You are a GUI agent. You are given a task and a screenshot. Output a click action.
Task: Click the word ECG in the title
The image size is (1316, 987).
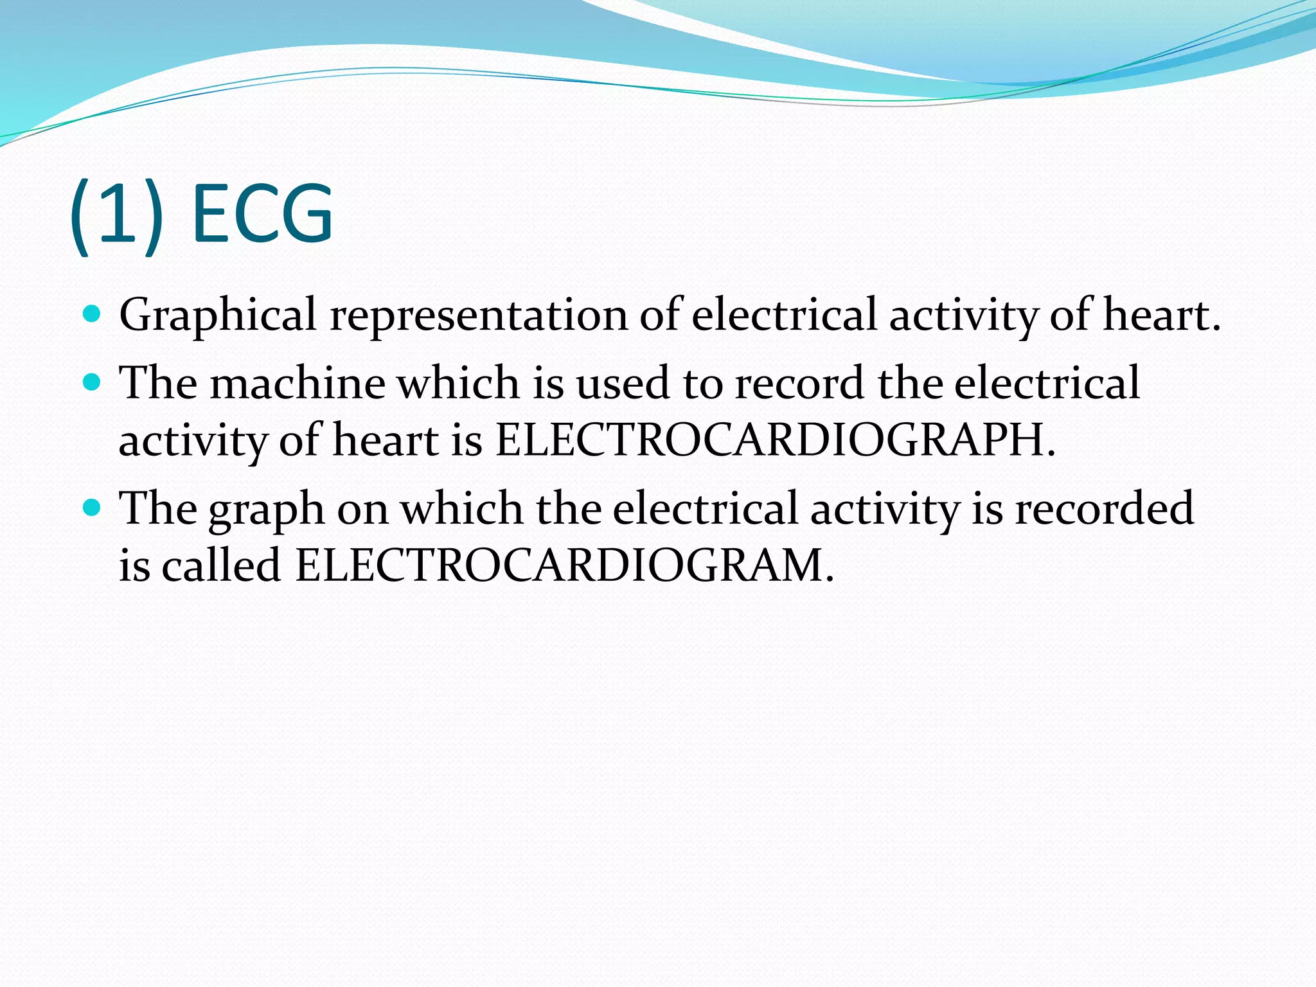(x=262, y=213)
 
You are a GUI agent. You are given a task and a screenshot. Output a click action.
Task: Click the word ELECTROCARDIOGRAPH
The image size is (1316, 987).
(x=775, y=441)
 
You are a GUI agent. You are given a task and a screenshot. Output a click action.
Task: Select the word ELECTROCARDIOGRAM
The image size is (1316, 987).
(x=564, y=566)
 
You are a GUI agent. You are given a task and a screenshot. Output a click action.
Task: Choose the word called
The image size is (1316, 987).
(x=220, y=566)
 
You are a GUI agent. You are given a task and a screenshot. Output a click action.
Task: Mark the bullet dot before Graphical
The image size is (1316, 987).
(x=93, y=314)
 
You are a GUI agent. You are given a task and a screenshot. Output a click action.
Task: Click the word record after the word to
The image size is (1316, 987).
(x=799, y=384)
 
